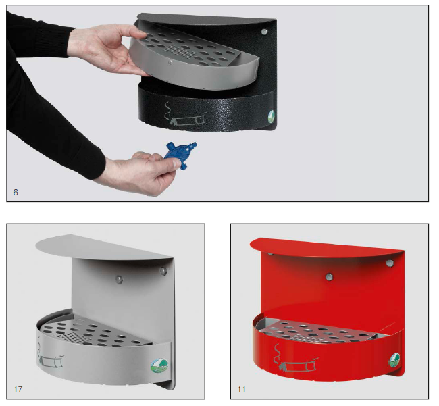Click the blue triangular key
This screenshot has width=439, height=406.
tap(180, 155)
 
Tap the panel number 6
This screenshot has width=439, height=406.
tap(16, 193)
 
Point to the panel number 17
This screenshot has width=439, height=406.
tap(18, 389)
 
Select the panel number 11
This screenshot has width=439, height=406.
tap(241, 389)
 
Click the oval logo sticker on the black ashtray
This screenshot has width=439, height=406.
tap(271, 116)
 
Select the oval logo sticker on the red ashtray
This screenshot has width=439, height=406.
tap(394, 361)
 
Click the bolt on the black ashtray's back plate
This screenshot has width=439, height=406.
tap(263, 32)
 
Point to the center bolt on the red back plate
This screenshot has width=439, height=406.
tap(329, 277)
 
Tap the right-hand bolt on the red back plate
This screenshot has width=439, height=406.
tap(390, 263)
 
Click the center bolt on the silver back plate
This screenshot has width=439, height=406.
tap(119, 279)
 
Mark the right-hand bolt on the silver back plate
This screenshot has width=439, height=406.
tap(163, 271)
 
